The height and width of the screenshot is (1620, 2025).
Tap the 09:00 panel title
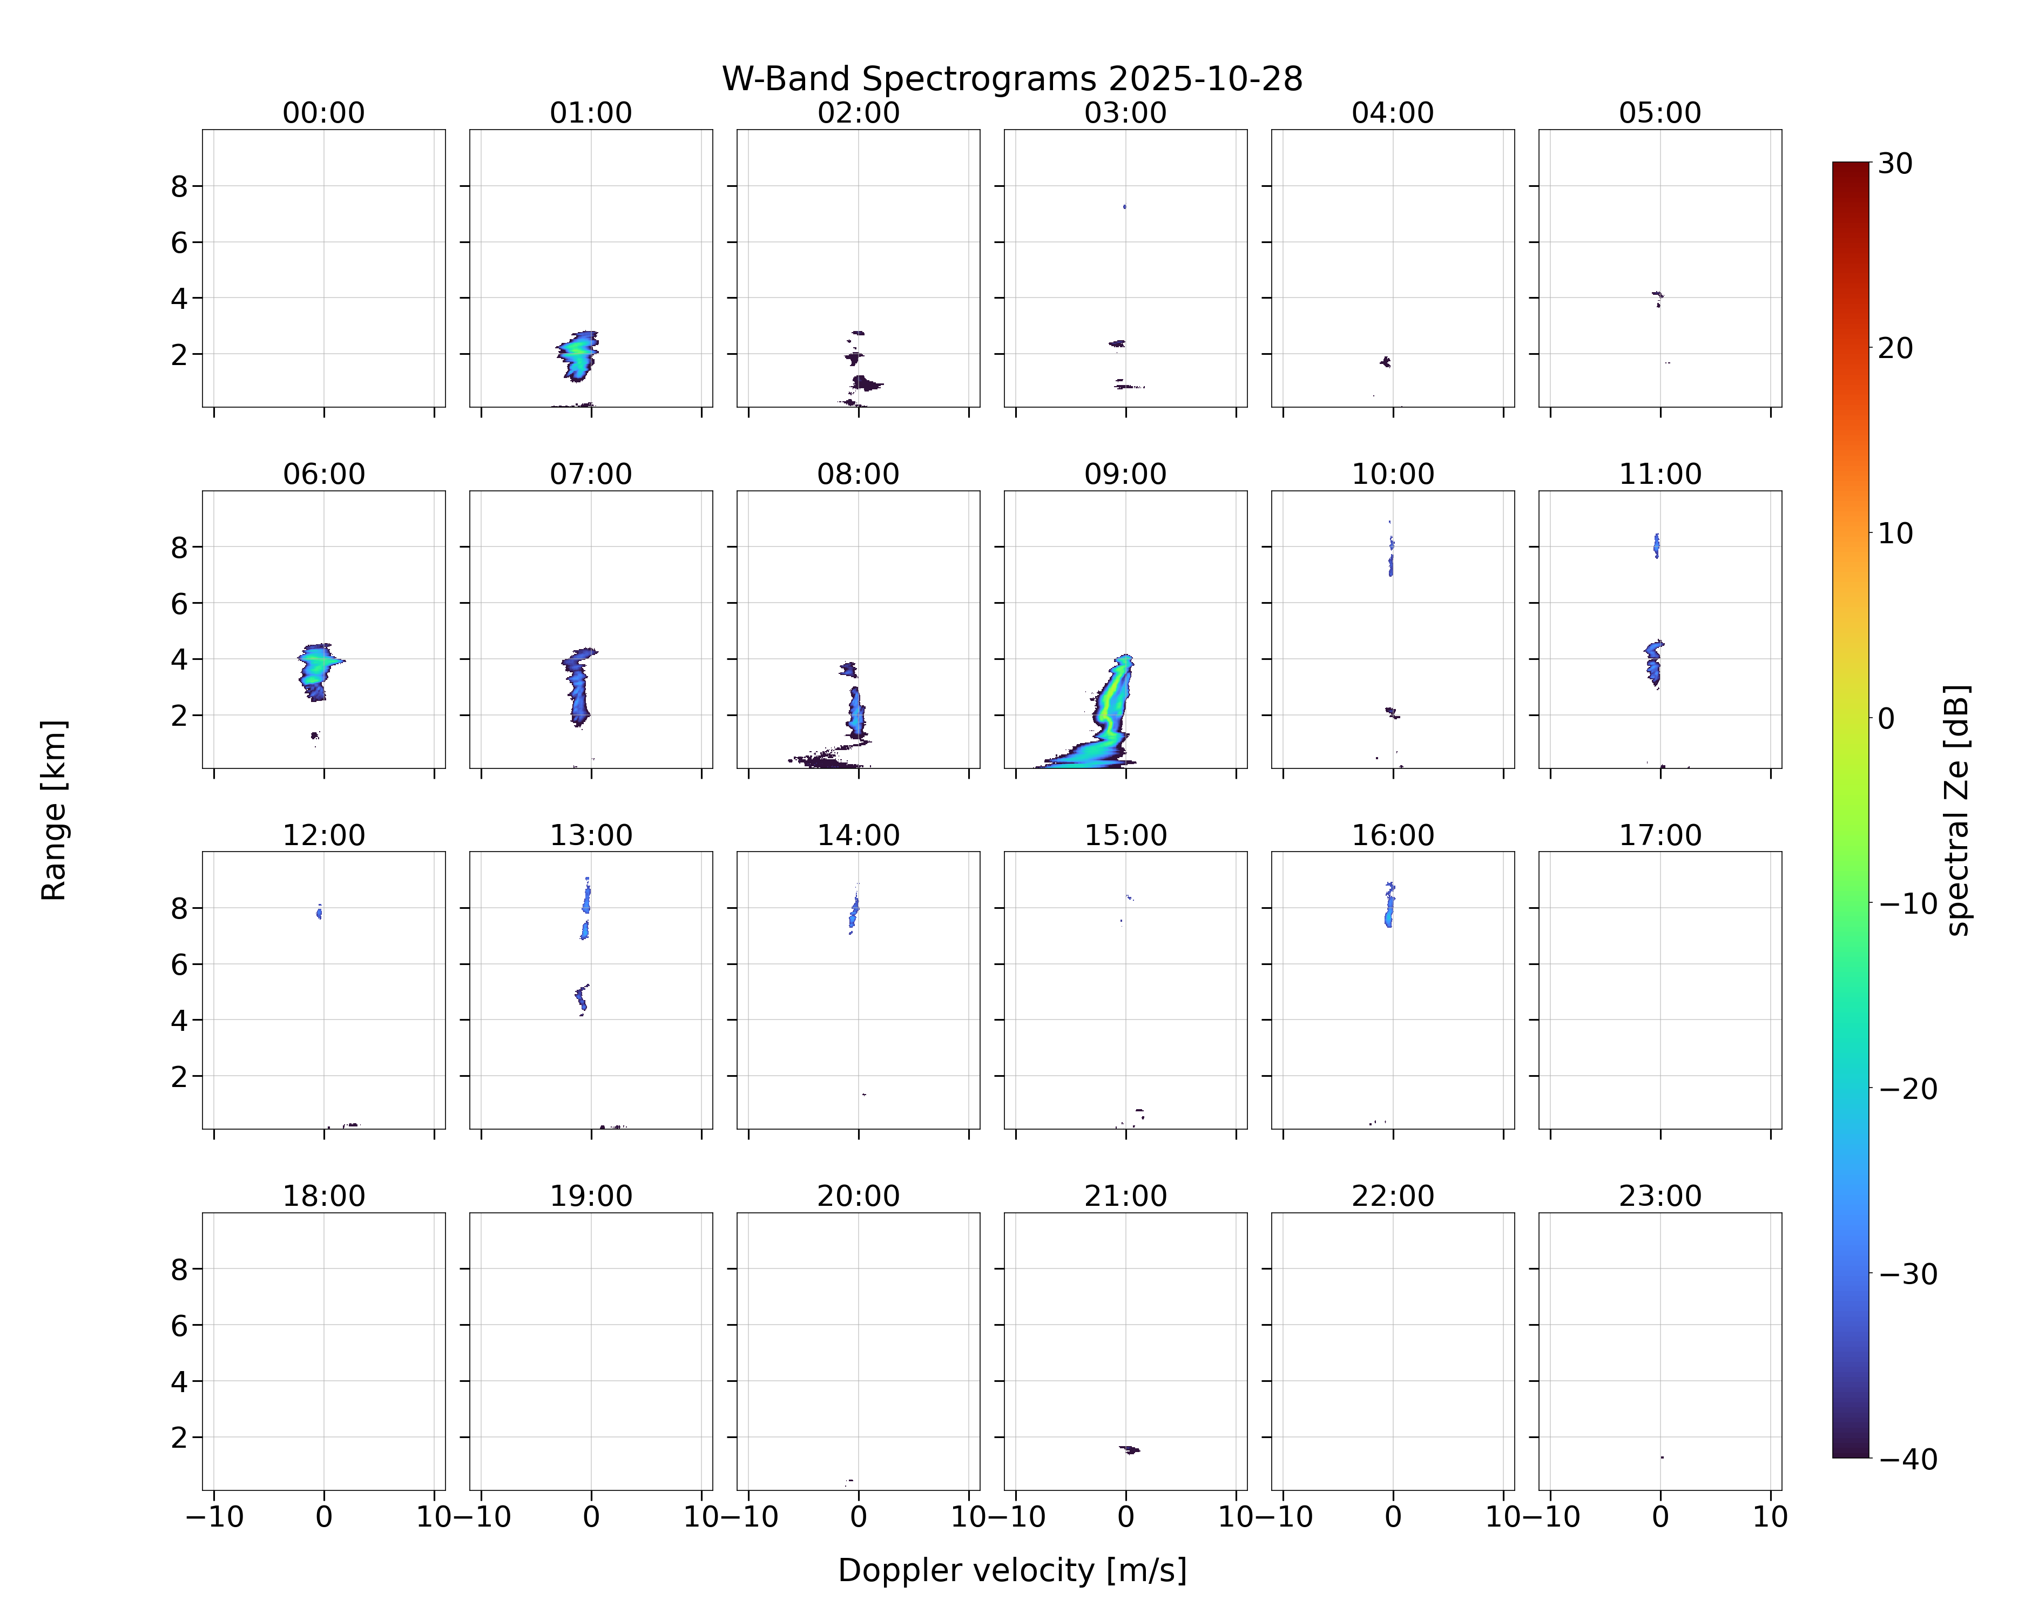click(x=1125, y=474)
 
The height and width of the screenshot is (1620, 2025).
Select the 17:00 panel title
click(x=1659, y=835)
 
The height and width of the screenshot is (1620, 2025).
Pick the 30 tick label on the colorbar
click(x=1895, y=164)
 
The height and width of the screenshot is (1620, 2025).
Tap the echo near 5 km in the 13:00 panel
click(x=582, y=999)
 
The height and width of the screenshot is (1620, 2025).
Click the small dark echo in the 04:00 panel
click(x=1386, y=362)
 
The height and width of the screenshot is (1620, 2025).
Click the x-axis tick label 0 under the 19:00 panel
click(x=591, y=1517)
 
